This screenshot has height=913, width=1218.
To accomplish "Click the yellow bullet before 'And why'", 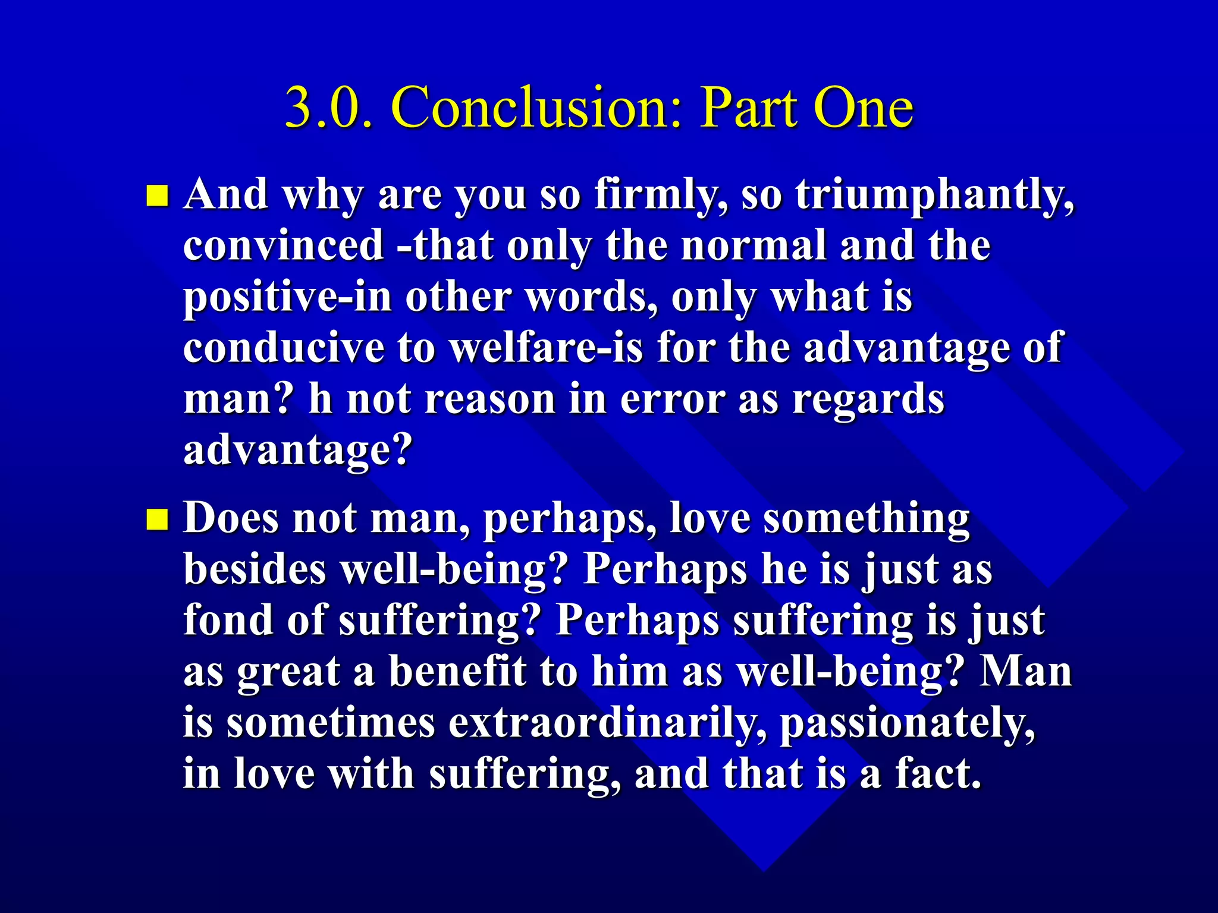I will tap(158, 196).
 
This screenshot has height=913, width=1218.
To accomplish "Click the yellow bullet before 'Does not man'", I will tap(158, 519).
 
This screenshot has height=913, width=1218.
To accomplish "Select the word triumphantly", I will tap(935, 196).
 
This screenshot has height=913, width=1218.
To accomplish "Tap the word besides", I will tap(255, 569).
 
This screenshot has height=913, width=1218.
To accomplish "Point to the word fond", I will tap(228, 620).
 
